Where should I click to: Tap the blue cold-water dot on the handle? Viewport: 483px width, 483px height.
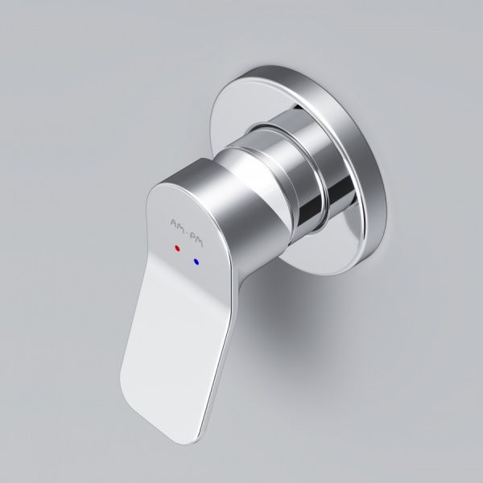(196, 262)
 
